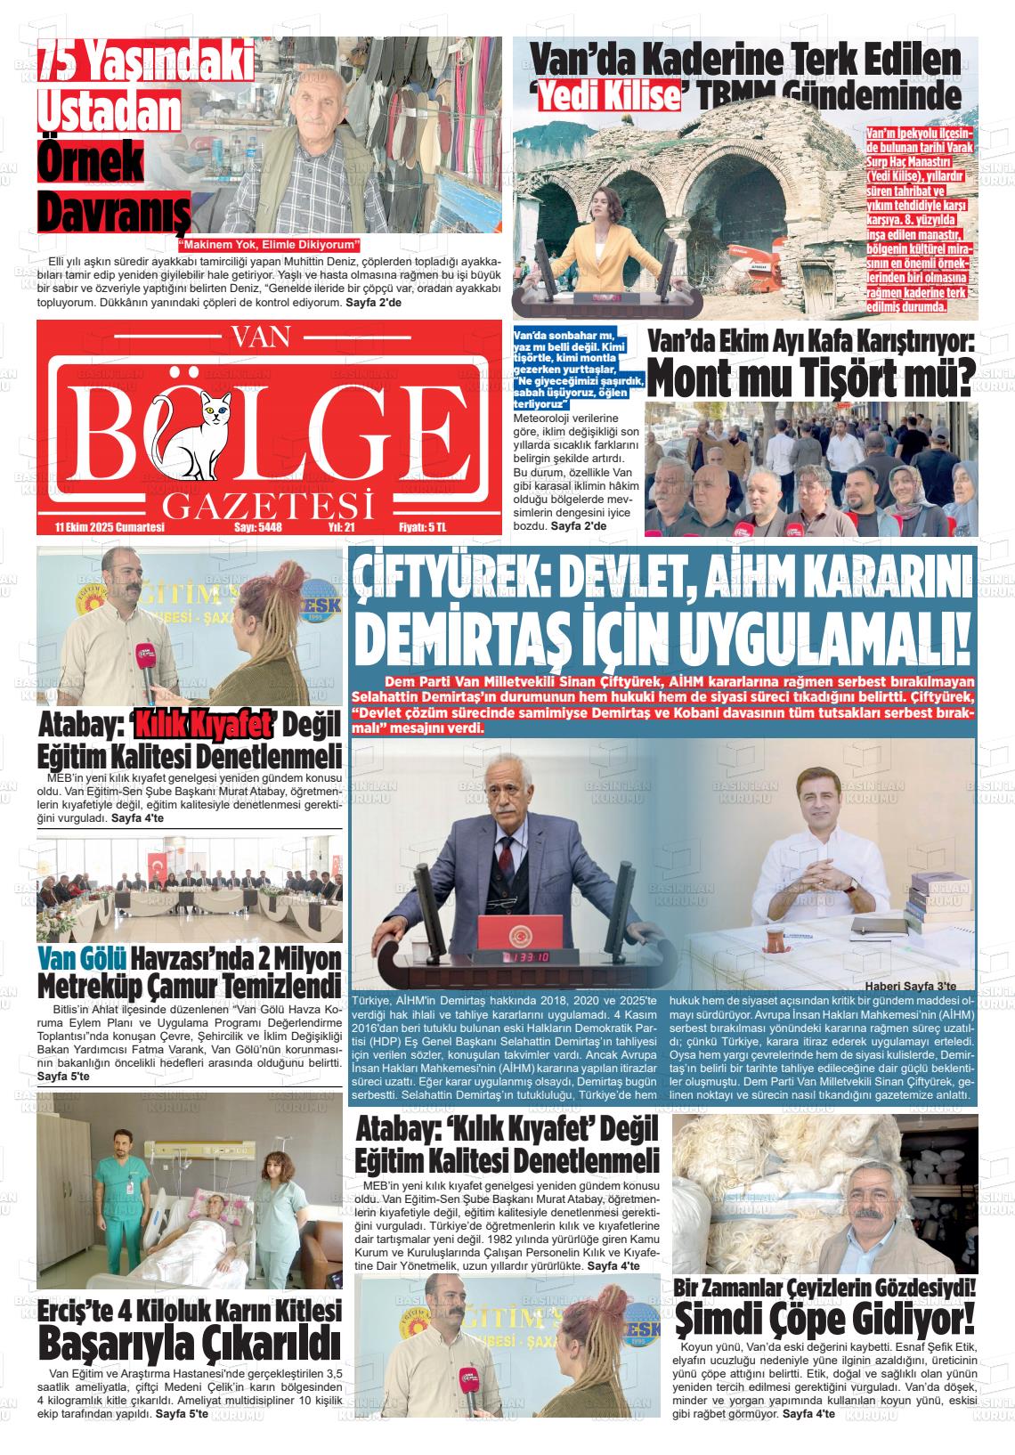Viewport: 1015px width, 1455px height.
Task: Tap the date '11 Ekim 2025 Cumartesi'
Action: click(110, 527)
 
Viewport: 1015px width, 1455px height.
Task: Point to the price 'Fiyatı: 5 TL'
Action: click(422, 527)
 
